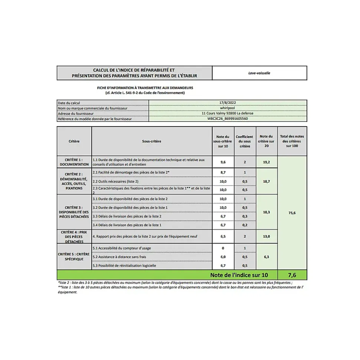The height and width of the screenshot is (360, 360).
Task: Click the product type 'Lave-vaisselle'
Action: coord(259,73)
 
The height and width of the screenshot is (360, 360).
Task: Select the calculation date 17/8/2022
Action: coord(228,103)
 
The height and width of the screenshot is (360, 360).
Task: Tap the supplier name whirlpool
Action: coord(228,108)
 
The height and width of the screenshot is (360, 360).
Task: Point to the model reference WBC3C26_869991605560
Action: coord(228,119)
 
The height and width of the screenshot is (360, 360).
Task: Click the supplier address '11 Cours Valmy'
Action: coord(228,113)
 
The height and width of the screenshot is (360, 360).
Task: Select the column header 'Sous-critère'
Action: coord(151,141)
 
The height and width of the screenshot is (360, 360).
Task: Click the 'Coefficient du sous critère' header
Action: coord(245,141)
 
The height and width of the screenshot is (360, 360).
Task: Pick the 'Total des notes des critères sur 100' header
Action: coord(292,141)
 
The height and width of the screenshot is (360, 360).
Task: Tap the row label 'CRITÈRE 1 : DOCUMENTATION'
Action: coord(74,162)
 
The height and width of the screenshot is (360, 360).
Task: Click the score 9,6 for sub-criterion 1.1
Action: coord(223,162)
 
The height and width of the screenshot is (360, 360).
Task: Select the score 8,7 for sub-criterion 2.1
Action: coord(223,172)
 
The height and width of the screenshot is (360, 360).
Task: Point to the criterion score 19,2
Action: coord(266,162)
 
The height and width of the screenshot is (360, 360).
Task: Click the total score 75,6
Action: coord(292,213)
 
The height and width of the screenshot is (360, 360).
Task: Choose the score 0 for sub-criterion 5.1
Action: coord(223,248)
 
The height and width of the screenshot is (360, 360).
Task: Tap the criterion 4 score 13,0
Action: coord(266,236)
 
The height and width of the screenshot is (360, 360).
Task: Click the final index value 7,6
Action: coord(292,275)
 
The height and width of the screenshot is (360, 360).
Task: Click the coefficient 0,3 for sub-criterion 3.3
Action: coord(245,216)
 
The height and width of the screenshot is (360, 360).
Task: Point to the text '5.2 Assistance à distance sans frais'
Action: coord(119,257)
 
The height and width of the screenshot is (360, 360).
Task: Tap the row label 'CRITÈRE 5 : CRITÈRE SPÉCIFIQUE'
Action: coord(74,257)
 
